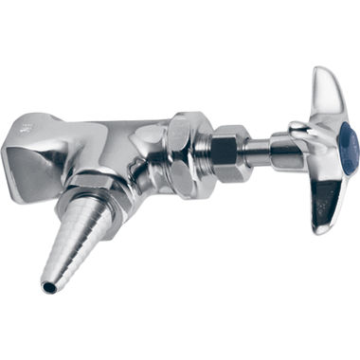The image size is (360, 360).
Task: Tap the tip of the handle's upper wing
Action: [x=318, y=72]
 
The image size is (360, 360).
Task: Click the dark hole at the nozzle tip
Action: [x=46, y=284]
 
